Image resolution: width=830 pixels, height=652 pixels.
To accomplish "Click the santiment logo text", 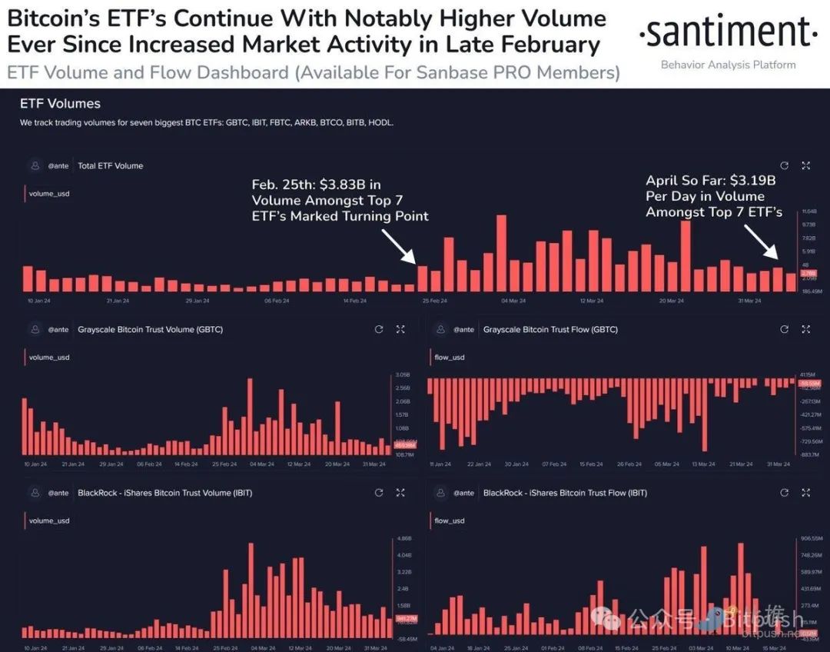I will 728,33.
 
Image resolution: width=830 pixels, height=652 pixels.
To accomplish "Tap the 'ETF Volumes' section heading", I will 60,103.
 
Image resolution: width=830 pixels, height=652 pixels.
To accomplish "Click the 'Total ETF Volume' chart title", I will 110,166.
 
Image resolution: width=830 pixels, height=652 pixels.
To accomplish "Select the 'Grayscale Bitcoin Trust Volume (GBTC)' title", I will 150,330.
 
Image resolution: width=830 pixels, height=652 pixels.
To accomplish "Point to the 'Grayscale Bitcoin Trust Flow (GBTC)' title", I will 550,330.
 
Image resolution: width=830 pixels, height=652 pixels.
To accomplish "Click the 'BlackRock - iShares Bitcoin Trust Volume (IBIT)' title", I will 164,493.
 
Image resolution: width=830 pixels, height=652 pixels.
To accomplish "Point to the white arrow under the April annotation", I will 765,244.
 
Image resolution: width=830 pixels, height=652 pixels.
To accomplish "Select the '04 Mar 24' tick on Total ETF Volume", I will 513,301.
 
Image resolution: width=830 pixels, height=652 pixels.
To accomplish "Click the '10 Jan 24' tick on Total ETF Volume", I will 40,301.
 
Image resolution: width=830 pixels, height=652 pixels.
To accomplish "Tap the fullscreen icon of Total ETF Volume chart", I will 805,166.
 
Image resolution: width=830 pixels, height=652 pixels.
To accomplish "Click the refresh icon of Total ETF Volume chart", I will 784,166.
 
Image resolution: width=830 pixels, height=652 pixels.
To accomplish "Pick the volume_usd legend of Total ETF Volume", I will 49,194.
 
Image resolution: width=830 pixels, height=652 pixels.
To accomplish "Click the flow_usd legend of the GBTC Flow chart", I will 450,358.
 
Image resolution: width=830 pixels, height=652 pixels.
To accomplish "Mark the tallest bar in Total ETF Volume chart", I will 502,253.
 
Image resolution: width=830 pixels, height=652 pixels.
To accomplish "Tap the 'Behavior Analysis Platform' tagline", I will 728,65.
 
